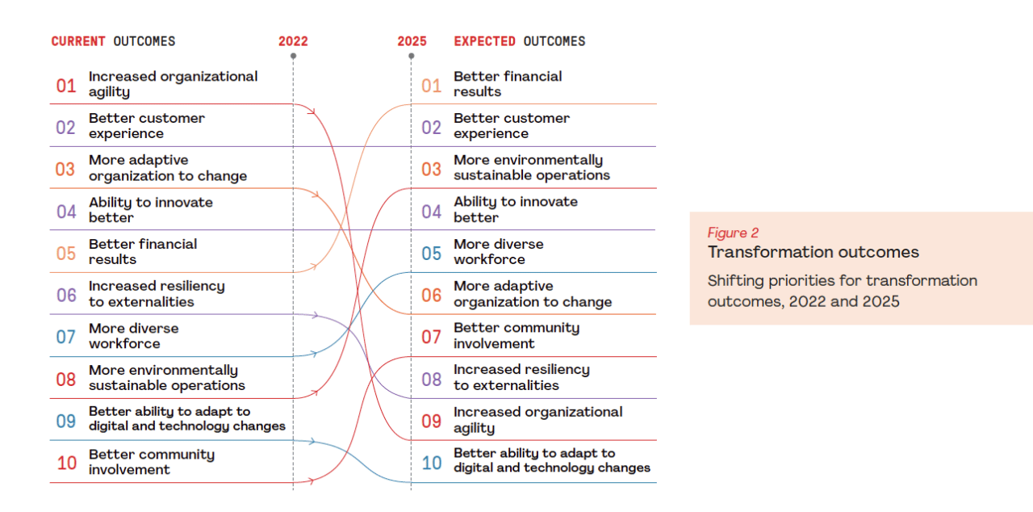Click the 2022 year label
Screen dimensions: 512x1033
pyautogui.click(x=293, y=41)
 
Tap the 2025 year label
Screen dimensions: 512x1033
pyautogui.click(x=412, y=41)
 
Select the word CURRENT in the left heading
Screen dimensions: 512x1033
pyautogui.click(x=78, y=41)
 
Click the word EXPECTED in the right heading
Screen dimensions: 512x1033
pyautogui.click(x=485, y=41)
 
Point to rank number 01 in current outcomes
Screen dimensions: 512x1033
pyautogui.click(x=66, y=85)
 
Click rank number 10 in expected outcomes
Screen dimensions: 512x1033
pyautogui.click(x=432, y=463)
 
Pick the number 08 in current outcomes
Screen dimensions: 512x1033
pyautogui.click(x=66, y=379)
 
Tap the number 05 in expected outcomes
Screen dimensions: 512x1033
pyautogui.click(x=432, y=253)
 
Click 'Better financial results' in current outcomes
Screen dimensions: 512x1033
pyautogui.click(x=142, y=252)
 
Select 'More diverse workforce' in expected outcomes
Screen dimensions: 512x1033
pyautogui.click(x=498, y=252)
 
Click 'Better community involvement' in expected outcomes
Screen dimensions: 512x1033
pyautogui.click(x=516, y=336)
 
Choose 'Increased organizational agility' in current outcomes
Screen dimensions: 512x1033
pyautogui.click(x=173, y=84)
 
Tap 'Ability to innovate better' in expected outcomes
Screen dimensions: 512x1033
pyautogui.click(x=515, y=210)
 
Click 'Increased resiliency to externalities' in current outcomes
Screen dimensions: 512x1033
pyautogui.click(x=157, y=294)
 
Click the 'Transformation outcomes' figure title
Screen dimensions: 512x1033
pyautogui.click(x=813, y=253)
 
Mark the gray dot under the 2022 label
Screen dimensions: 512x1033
pyautogui.click(x=293, y=57)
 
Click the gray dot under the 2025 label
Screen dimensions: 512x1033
pyautogui.click(x=412, y=57)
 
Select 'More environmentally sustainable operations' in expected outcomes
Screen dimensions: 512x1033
pyautogui.click(x=531, y=168)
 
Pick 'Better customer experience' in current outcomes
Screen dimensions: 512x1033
pyautogui.click(x=146, y=126)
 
